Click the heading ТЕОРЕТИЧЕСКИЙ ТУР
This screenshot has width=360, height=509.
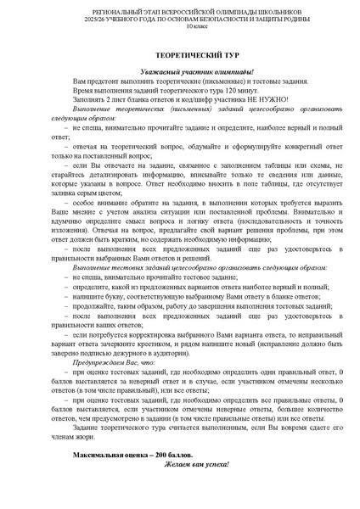[x=179, y=52]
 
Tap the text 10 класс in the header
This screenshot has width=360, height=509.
[x=179, y=28]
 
